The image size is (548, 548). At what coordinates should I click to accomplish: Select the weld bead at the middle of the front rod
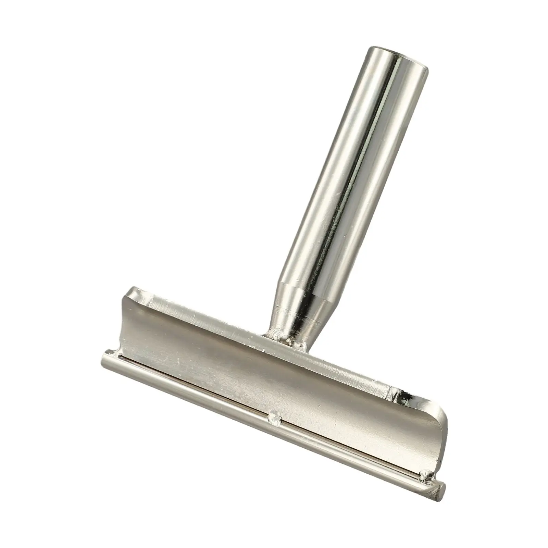[x=274, y=416]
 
